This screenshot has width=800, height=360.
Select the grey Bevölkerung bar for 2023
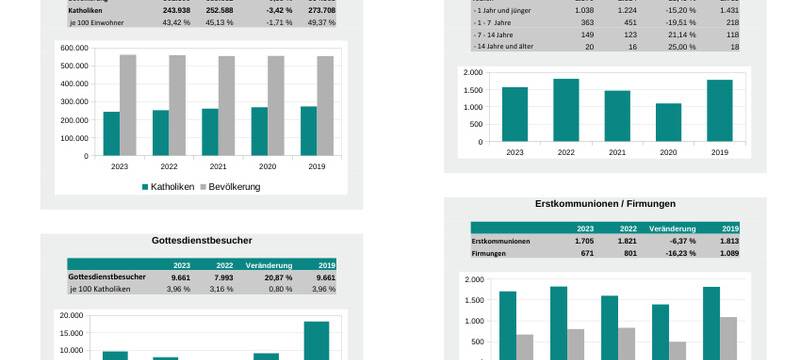click(128, 105)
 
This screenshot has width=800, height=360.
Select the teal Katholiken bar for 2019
click(308, 131)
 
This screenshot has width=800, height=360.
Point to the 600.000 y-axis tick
click(74, 48)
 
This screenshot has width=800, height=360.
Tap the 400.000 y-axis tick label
click(74, 84)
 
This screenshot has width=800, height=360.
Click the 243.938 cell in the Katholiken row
click(175, 10)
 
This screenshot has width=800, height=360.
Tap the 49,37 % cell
click(321, 22)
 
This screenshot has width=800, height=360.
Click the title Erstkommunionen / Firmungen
click(605, 204)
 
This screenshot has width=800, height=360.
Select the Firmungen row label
click(492, 254)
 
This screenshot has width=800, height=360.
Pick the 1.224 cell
click(621, 10)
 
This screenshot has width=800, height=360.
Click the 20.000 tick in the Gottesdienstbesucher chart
click(71, 316)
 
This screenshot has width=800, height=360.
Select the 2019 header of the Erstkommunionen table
click(730, 229)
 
